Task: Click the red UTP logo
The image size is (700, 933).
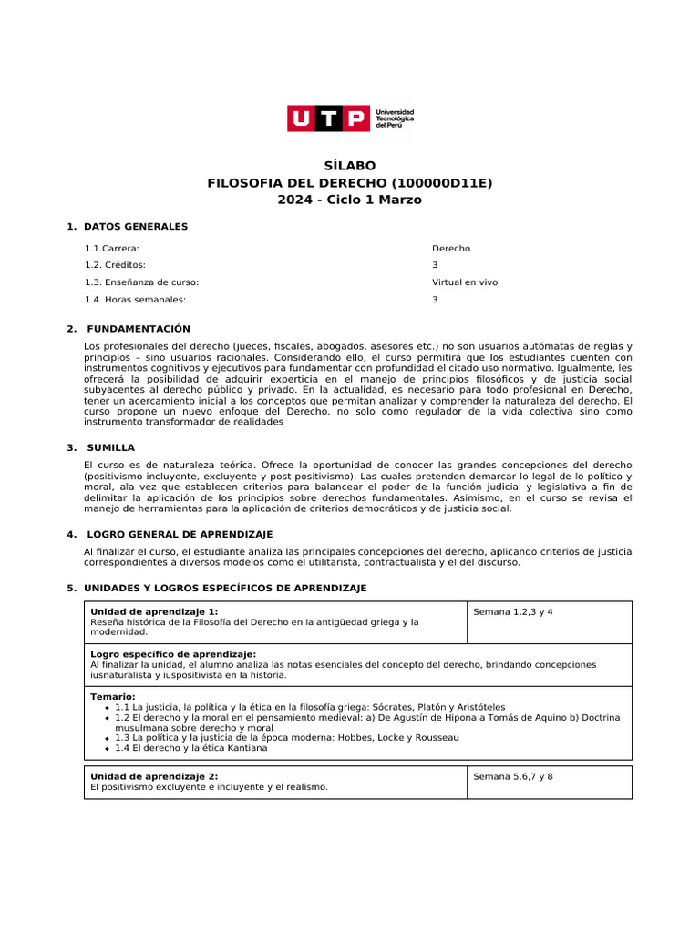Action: tap(329, 118)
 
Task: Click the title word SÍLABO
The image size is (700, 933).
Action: tap(350, 166)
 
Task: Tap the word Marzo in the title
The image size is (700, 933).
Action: tap(398, 200)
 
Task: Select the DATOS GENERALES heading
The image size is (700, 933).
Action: tap(135, 226)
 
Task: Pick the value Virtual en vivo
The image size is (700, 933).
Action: tap(465, 282)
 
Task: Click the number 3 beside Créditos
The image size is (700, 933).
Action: tap(435, 265)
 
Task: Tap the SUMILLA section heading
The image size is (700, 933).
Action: tap(110, 447)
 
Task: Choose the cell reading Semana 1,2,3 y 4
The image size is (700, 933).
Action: tap(513, 611)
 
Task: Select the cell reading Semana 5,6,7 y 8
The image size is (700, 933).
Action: tap(513, 776)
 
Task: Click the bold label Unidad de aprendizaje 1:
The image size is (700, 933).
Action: tap(154, 611)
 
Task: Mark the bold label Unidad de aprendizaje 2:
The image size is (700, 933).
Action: tap(154, 776)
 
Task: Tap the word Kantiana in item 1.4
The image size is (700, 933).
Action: tap(245, 748)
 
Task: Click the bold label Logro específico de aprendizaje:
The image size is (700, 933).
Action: tap(173, 654)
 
